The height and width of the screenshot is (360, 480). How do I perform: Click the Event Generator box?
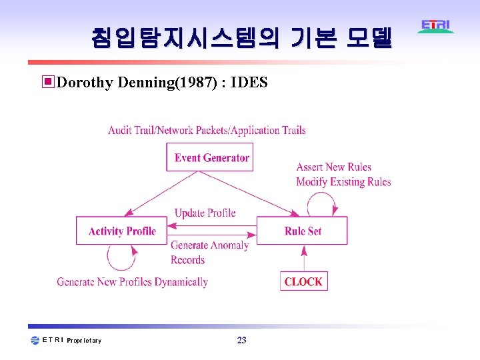click(210, 157)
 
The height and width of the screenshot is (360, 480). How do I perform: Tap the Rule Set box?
click(302, 231)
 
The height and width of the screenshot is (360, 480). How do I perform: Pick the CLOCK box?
click(303, 281)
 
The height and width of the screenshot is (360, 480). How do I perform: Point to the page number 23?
click(241, 341)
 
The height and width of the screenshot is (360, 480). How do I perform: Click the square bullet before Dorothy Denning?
click(48, 83)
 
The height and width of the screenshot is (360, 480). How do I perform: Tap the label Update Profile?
click(205, 213)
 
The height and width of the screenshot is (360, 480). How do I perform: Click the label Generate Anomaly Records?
click(209, 252)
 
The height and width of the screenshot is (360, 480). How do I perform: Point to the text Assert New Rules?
click(333, 167)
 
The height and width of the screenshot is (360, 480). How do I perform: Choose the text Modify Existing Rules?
click(343, 182)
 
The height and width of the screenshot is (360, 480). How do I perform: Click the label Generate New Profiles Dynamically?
click(132, 282)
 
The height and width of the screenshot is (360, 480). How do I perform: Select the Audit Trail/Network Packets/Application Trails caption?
click(207, 130)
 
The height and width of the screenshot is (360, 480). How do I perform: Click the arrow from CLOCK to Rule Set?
click(304, 258)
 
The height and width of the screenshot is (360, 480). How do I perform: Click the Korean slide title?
click(241, 38)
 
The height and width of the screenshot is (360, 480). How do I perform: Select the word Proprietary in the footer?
click(84, 341)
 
